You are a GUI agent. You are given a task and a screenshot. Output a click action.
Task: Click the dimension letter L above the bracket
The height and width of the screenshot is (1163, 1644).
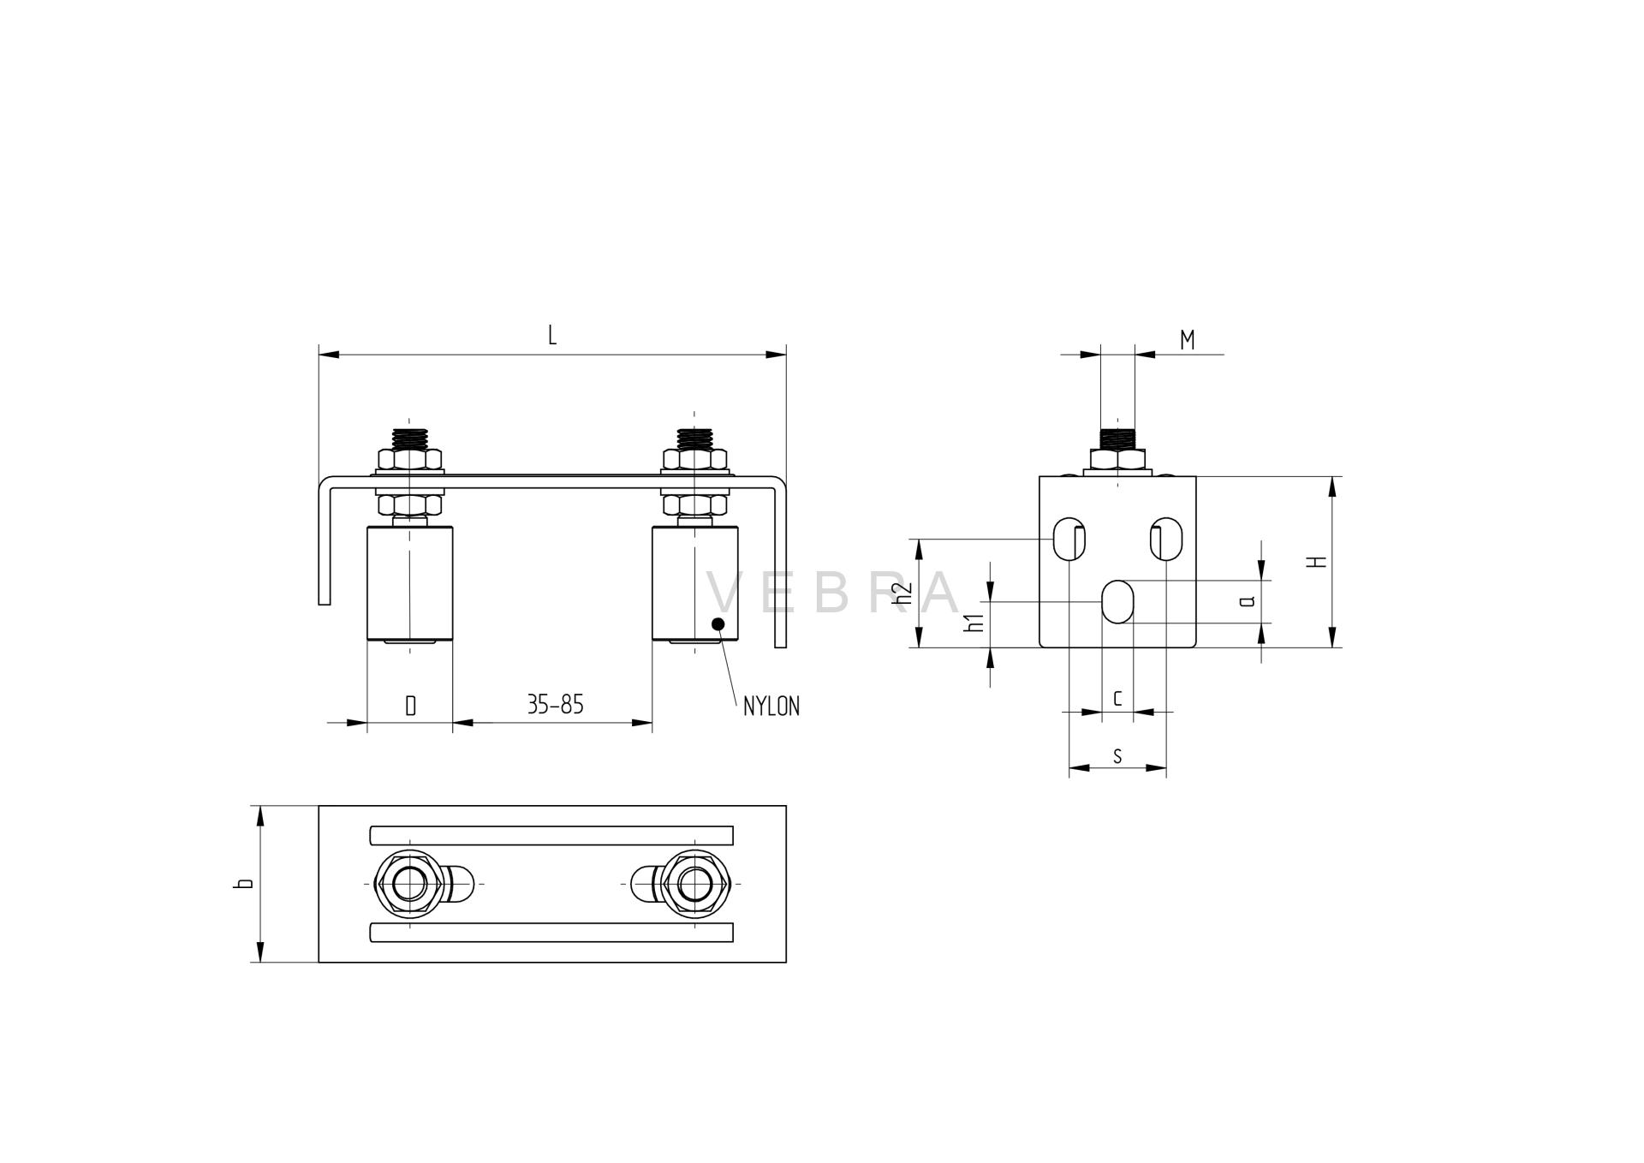(x=552, y=335)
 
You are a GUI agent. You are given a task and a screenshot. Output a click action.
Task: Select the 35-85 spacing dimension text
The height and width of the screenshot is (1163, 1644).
(x=555, y=705)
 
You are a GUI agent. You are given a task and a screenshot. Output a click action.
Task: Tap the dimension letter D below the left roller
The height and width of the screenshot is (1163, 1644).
(x=410, y=706)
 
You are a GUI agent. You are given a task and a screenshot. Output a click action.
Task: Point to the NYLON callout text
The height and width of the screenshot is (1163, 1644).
(x=771, y=707)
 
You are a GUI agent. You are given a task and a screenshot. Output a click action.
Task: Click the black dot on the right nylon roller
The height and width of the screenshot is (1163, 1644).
(x=718, y=623)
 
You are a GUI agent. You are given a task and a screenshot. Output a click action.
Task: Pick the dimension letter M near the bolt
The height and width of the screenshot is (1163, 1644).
(x=1187, y=340)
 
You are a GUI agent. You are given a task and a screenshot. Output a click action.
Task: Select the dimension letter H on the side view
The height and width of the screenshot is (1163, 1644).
(x=1319, y=562)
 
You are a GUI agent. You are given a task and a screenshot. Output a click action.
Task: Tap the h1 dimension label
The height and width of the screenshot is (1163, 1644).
(x=974, y=623)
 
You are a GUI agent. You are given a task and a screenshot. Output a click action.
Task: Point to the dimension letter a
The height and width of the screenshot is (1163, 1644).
(x=1248, y=600)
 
